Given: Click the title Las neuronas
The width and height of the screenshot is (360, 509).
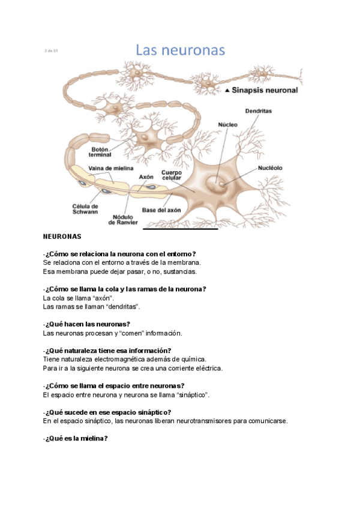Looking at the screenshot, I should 180,50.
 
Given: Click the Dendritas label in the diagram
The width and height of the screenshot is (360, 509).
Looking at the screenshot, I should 259,111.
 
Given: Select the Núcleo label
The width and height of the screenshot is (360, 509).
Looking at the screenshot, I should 227,124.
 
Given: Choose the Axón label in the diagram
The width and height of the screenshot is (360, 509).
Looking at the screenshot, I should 146,177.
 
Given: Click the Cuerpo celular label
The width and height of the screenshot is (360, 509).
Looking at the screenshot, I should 171,175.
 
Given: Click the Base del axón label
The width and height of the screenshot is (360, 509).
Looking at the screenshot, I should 161,210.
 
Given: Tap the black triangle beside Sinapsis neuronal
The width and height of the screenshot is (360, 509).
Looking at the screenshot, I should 227,91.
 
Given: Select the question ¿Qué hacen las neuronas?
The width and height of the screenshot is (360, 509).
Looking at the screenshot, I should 87,324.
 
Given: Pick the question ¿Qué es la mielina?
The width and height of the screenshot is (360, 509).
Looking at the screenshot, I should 76,438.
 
